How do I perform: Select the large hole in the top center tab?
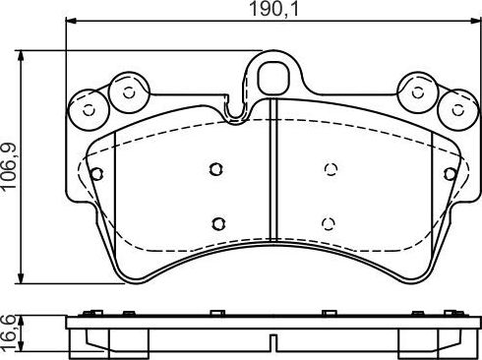[x=271, y=73]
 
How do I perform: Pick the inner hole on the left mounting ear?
[x=126, y=91]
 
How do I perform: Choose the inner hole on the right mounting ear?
[x=418, y=91]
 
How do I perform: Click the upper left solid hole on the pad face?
[x=215, y=169]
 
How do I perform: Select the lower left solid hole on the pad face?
[x=218, y=219]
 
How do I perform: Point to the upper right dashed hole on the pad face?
[x=331, y=169]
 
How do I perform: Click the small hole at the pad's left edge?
[x=95, y=174]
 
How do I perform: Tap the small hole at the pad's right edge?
[x=451, y=174]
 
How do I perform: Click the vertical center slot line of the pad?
[x=271, y=177]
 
